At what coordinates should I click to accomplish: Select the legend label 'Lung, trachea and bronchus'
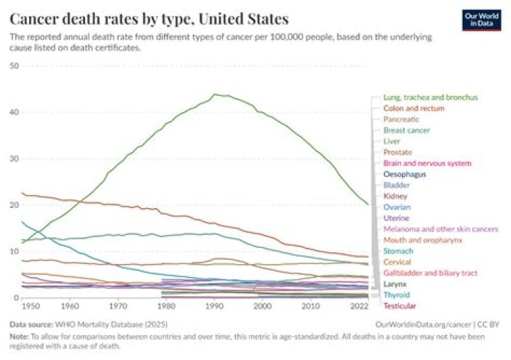(429, 97)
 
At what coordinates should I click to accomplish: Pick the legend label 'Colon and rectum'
(414, 109)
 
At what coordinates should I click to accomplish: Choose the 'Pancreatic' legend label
(402, 119)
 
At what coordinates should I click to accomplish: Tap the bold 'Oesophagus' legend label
(405, 174)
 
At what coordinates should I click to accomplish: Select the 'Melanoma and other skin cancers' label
(440, 229)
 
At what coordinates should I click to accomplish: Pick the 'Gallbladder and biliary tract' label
(430, 273)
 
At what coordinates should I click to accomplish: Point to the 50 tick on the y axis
(13, 66)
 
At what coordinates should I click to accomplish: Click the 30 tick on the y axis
(13, 158)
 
